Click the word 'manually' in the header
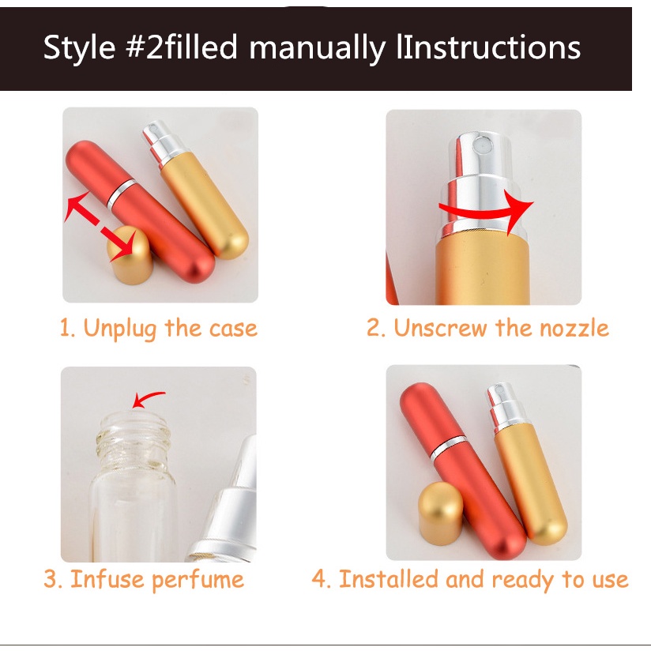(317, 48)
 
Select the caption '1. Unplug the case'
(159, 329)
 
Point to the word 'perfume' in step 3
(198, 581)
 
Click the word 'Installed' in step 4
(388, 579)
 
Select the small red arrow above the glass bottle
(149, 398)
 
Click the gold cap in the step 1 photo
(130, 255)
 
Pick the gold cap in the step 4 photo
(441, 514)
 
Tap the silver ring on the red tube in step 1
(121, 194)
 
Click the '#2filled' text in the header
(181, 47)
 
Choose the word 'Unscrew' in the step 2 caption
(440, 328)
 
